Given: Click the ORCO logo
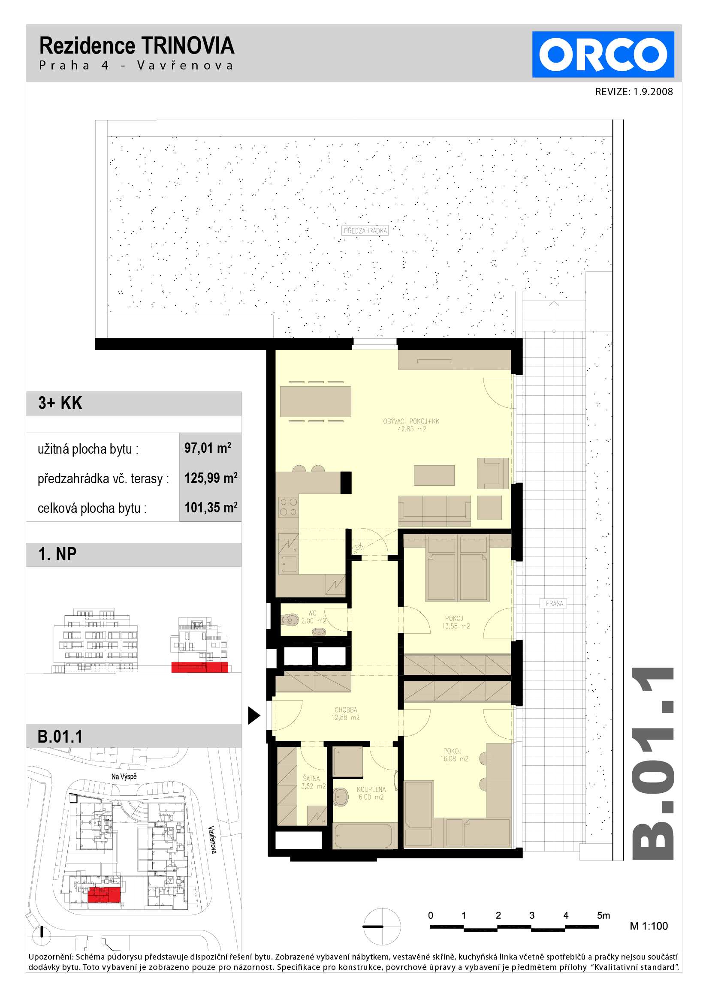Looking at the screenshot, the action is [x=603, y=54].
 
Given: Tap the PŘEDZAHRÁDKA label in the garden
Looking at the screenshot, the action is [x=365, y=231].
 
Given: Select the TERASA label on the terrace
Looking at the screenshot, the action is [x=553, y=604].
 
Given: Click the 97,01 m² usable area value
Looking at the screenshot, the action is [x=207, y=448].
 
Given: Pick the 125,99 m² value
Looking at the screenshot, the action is [x=211, y=478].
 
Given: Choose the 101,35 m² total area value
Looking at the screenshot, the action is [x=211, y=508].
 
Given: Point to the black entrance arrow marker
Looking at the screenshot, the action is [x=254, y=715].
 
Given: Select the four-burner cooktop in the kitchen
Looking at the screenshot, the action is [x=288, y=507].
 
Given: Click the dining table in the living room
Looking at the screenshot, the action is [x=316, y=401].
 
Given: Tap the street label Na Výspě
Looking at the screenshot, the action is [x=124, y=776].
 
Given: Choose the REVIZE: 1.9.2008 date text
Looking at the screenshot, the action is [x=634, y=92].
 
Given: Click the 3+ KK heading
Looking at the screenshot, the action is [x=60, y=403].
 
